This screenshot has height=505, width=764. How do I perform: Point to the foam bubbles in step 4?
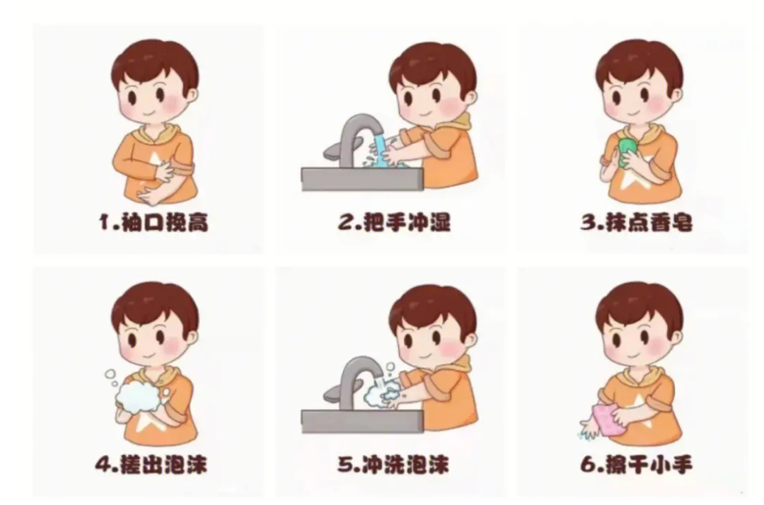(x=138, y=394)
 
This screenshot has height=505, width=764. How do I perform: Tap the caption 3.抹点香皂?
(x=637, y=223)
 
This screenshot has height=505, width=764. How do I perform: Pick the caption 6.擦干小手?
(x=637, y=465)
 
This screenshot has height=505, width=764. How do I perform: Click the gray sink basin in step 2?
(x=361, y=179)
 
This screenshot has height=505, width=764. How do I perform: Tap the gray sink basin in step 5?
(x=361, y=421)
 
